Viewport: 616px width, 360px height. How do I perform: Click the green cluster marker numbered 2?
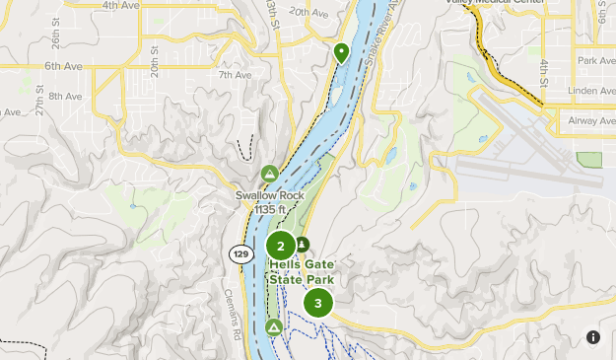[x=281, y=246]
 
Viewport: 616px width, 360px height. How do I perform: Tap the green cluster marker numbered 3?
[x=317, y=303]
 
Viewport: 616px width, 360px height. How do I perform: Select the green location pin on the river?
[x=341, y=51]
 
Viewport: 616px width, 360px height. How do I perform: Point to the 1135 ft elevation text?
[x=270, y=209]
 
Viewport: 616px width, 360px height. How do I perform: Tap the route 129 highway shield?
[x=240, y=253]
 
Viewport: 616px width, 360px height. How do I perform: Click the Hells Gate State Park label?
[x=302, y=272]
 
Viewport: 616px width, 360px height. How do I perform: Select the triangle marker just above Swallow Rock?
[x=270, y=174]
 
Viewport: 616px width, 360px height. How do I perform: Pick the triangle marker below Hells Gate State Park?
[x=274, y=326]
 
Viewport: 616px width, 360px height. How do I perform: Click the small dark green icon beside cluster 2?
[x=302, y=245]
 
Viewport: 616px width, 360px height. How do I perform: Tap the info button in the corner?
[x=592, y=337]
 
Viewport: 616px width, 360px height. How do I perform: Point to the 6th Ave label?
[x=63, y=66]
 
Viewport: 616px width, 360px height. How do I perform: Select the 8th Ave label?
[x=65, y=96]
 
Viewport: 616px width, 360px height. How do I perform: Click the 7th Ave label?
[x=235, y=75]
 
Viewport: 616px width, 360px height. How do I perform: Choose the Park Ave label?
[x=595, y=61]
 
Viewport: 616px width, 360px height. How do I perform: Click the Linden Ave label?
[x=593, y=90]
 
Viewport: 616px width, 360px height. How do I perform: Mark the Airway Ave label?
[x=591, y=119]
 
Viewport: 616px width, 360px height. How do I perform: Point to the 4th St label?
[x=543, y=70]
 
